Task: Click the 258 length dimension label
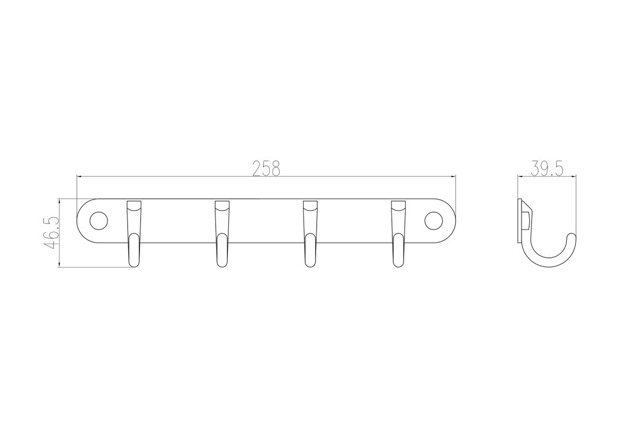coord(266,168)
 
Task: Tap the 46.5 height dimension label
coord(52,233)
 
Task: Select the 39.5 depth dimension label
coord(547,168)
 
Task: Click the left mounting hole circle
coord(98,221)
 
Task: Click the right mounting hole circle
coord(433,221)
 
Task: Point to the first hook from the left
coord(134,234)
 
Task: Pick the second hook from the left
coord(222,234)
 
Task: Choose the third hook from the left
coord(310,234)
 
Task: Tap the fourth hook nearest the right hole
coord(398,234)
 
